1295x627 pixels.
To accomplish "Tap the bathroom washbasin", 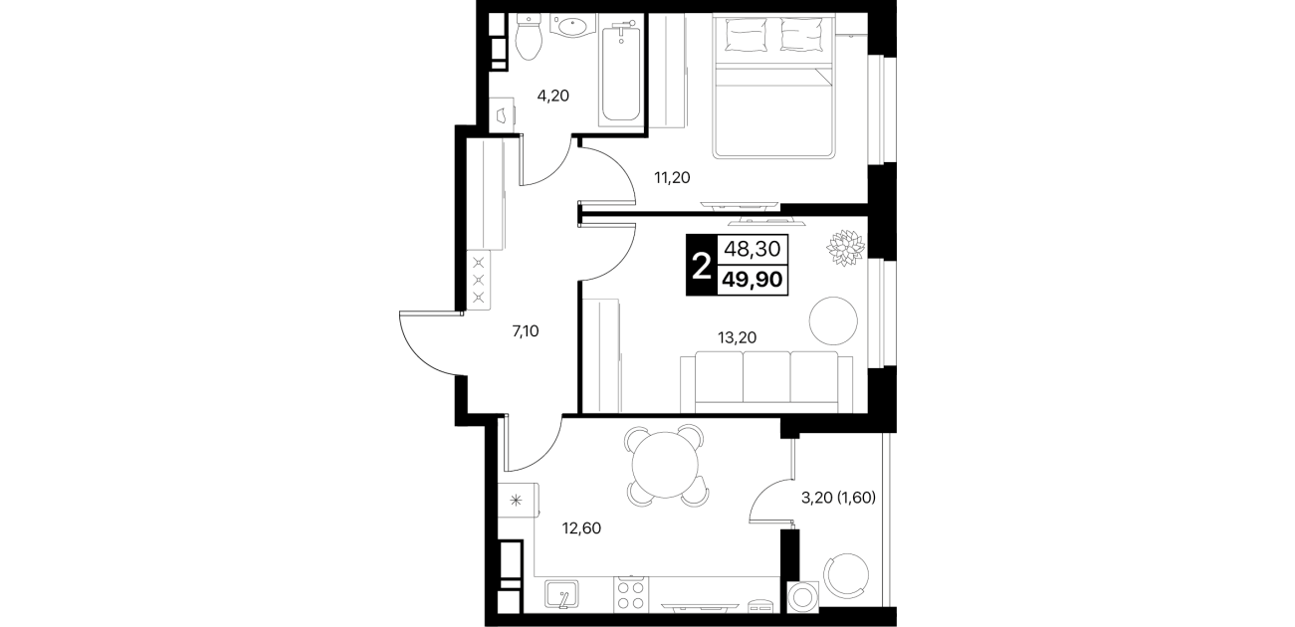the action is (x=571, y=26).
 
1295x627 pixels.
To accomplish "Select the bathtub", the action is (x=621, y=70).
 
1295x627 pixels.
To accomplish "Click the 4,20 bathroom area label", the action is (x=553, y=96).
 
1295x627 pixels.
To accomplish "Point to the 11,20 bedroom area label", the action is (x=672, y=177).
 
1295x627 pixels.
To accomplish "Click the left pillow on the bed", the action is (x=746, y=34).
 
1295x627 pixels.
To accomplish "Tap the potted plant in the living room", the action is (x=845, y=248).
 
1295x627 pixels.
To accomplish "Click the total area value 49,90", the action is (x=753, y=281).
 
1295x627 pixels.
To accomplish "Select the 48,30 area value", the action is (x=753, y=249).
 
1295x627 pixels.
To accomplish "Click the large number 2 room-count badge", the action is (x=702, y=266).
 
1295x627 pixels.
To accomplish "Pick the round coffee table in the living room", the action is (x=833, y=320).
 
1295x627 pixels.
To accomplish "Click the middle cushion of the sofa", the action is (x=766, y=377).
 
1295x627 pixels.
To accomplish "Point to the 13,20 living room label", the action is (x=738, y=337).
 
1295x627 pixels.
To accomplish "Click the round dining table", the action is (x=666, y=465).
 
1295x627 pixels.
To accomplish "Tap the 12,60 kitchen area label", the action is (x=581, y=528).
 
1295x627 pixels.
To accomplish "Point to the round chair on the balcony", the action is (x=846, y=575).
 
